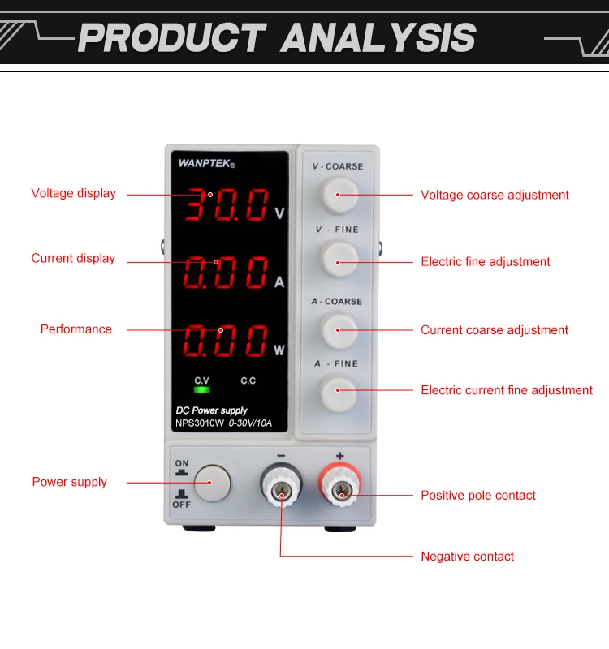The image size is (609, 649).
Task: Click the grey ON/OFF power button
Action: tap(210, 483)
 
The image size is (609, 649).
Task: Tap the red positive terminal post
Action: tap(343, 489)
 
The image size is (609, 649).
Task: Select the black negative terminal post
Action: tap(281, 489)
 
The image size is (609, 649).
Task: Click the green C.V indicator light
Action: tap(201, 390)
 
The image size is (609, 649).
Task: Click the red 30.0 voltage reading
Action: tap(227, 206)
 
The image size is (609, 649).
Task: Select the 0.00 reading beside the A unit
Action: tap(227, 274)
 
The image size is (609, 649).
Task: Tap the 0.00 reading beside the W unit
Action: tap(227, 342)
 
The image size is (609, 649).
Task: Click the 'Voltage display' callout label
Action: tap(74, 193)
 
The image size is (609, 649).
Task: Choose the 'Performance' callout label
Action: tap(76, 329)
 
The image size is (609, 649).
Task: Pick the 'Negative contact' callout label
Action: tap(467, 557)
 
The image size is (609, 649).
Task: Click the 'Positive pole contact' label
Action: tap(478, 496)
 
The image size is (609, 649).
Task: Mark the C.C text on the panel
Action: tap(248, 380)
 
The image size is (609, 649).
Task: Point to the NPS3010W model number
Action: tap(200, 423)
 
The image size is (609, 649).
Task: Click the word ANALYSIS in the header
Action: tap(378, 38)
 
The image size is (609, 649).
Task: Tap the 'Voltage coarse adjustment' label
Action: tap(495, 195)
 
